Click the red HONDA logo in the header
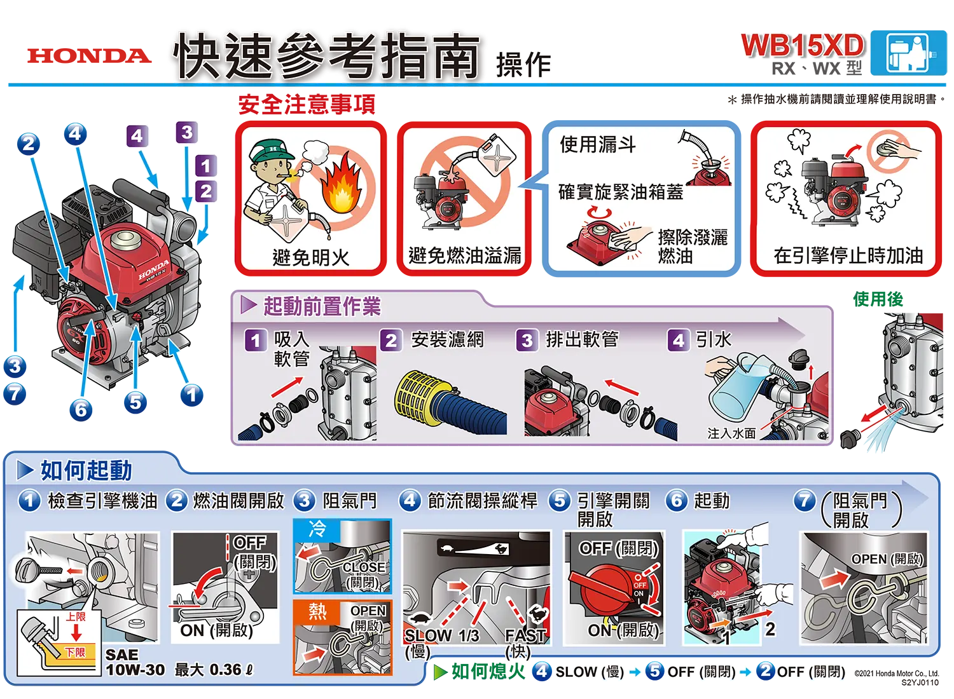pyautogui.click(x=90, y=56)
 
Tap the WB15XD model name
pyautogui.click(x=803, y=46)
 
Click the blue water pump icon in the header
pyautogui.click(x=908, y=53)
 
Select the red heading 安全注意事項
pyautogui.click(x=307, y=104)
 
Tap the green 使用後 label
pyautogui.click(x=878, y=299)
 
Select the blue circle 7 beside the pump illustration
pyautogui.click(x=15, y=394)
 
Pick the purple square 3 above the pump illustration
pyautogui.click(x=186, y=132)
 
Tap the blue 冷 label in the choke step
pyautogui.click(x=317, y=529)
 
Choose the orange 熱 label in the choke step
pyautogui.click(x=317, y=611)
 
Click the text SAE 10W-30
pyautogui.click(x=135, y=662)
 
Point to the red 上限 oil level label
pyautogui.click(x=76, y=617)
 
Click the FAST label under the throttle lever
pyautogui.click(x=525, y=635)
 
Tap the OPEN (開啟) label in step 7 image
pyautogui.click(x=887, y=559)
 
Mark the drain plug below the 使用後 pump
pyautogui.click(x=850, y=438)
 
